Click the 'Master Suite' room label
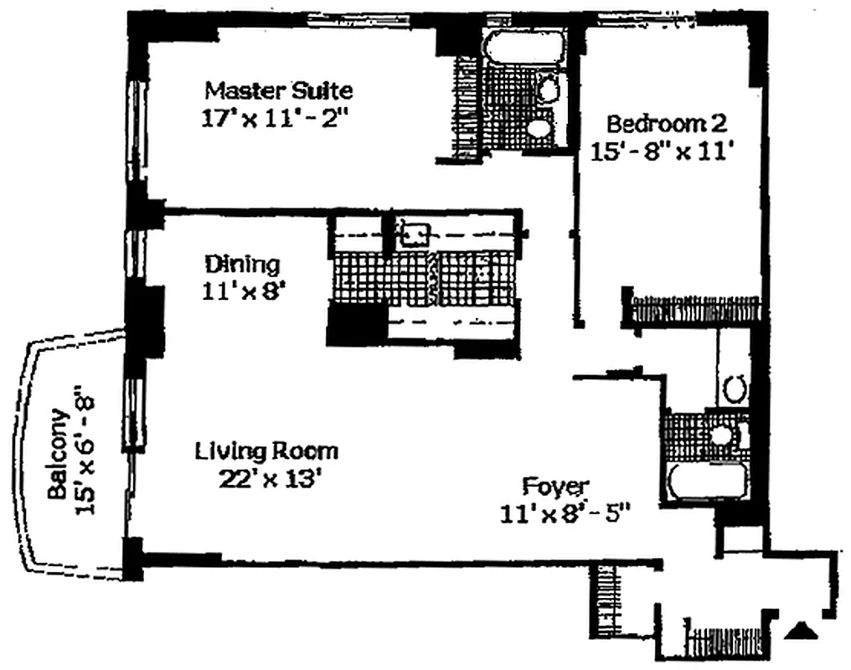click(279, 90)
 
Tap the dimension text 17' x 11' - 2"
click(274, 117)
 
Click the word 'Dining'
click(243, 265)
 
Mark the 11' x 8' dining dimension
click(245, 292)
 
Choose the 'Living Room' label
click(266, 451)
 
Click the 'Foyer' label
click(556, 486)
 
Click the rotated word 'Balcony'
click(58, 454)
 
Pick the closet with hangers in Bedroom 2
click(694, 310)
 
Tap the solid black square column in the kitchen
click(356, 323)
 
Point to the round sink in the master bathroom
click(548, 88)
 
